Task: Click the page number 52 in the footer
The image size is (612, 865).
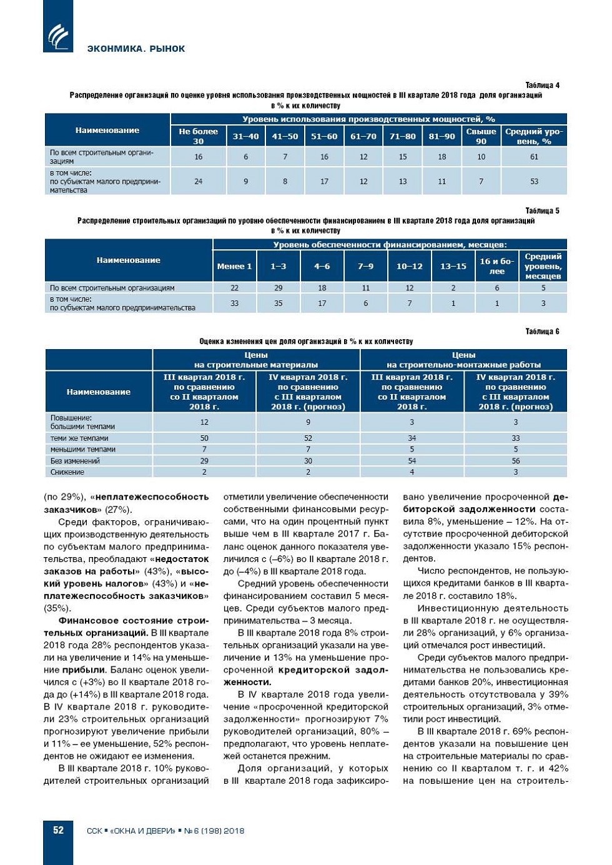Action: [x=58, y=830]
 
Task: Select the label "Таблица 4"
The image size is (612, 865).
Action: [x=542, y=85]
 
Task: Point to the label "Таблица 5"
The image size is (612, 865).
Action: [x=542, y=210]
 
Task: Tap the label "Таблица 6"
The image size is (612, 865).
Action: [x=542, y=331]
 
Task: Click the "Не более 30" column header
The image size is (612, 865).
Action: [x=198, y=136]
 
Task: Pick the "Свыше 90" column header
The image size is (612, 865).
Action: [x=481, y=136]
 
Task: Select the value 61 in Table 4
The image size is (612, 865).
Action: [x=534, y=157]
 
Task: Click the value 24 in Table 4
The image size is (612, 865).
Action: [x=198, y=182]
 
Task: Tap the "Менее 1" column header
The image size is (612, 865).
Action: [x=234, y=266]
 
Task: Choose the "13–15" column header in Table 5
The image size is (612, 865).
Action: [x=453, y=266]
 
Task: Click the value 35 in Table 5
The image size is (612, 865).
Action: [x=278, y=304]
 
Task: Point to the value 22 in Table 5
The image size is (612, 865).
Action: [x=234, y=288]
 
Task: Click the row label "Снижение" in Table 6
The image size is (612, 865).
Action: [x=67, y=472]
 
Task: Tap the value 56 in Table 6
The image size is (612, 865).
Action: [x=515, y=461]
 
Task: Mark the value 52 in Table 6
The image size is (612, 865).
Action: [x=308, y=438]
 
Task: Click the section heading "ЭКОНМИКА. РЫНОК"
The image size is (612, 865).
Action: [x=136, y=49]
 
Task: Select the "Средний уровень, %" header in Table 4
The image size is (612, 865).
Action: [x=534, y=136]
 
